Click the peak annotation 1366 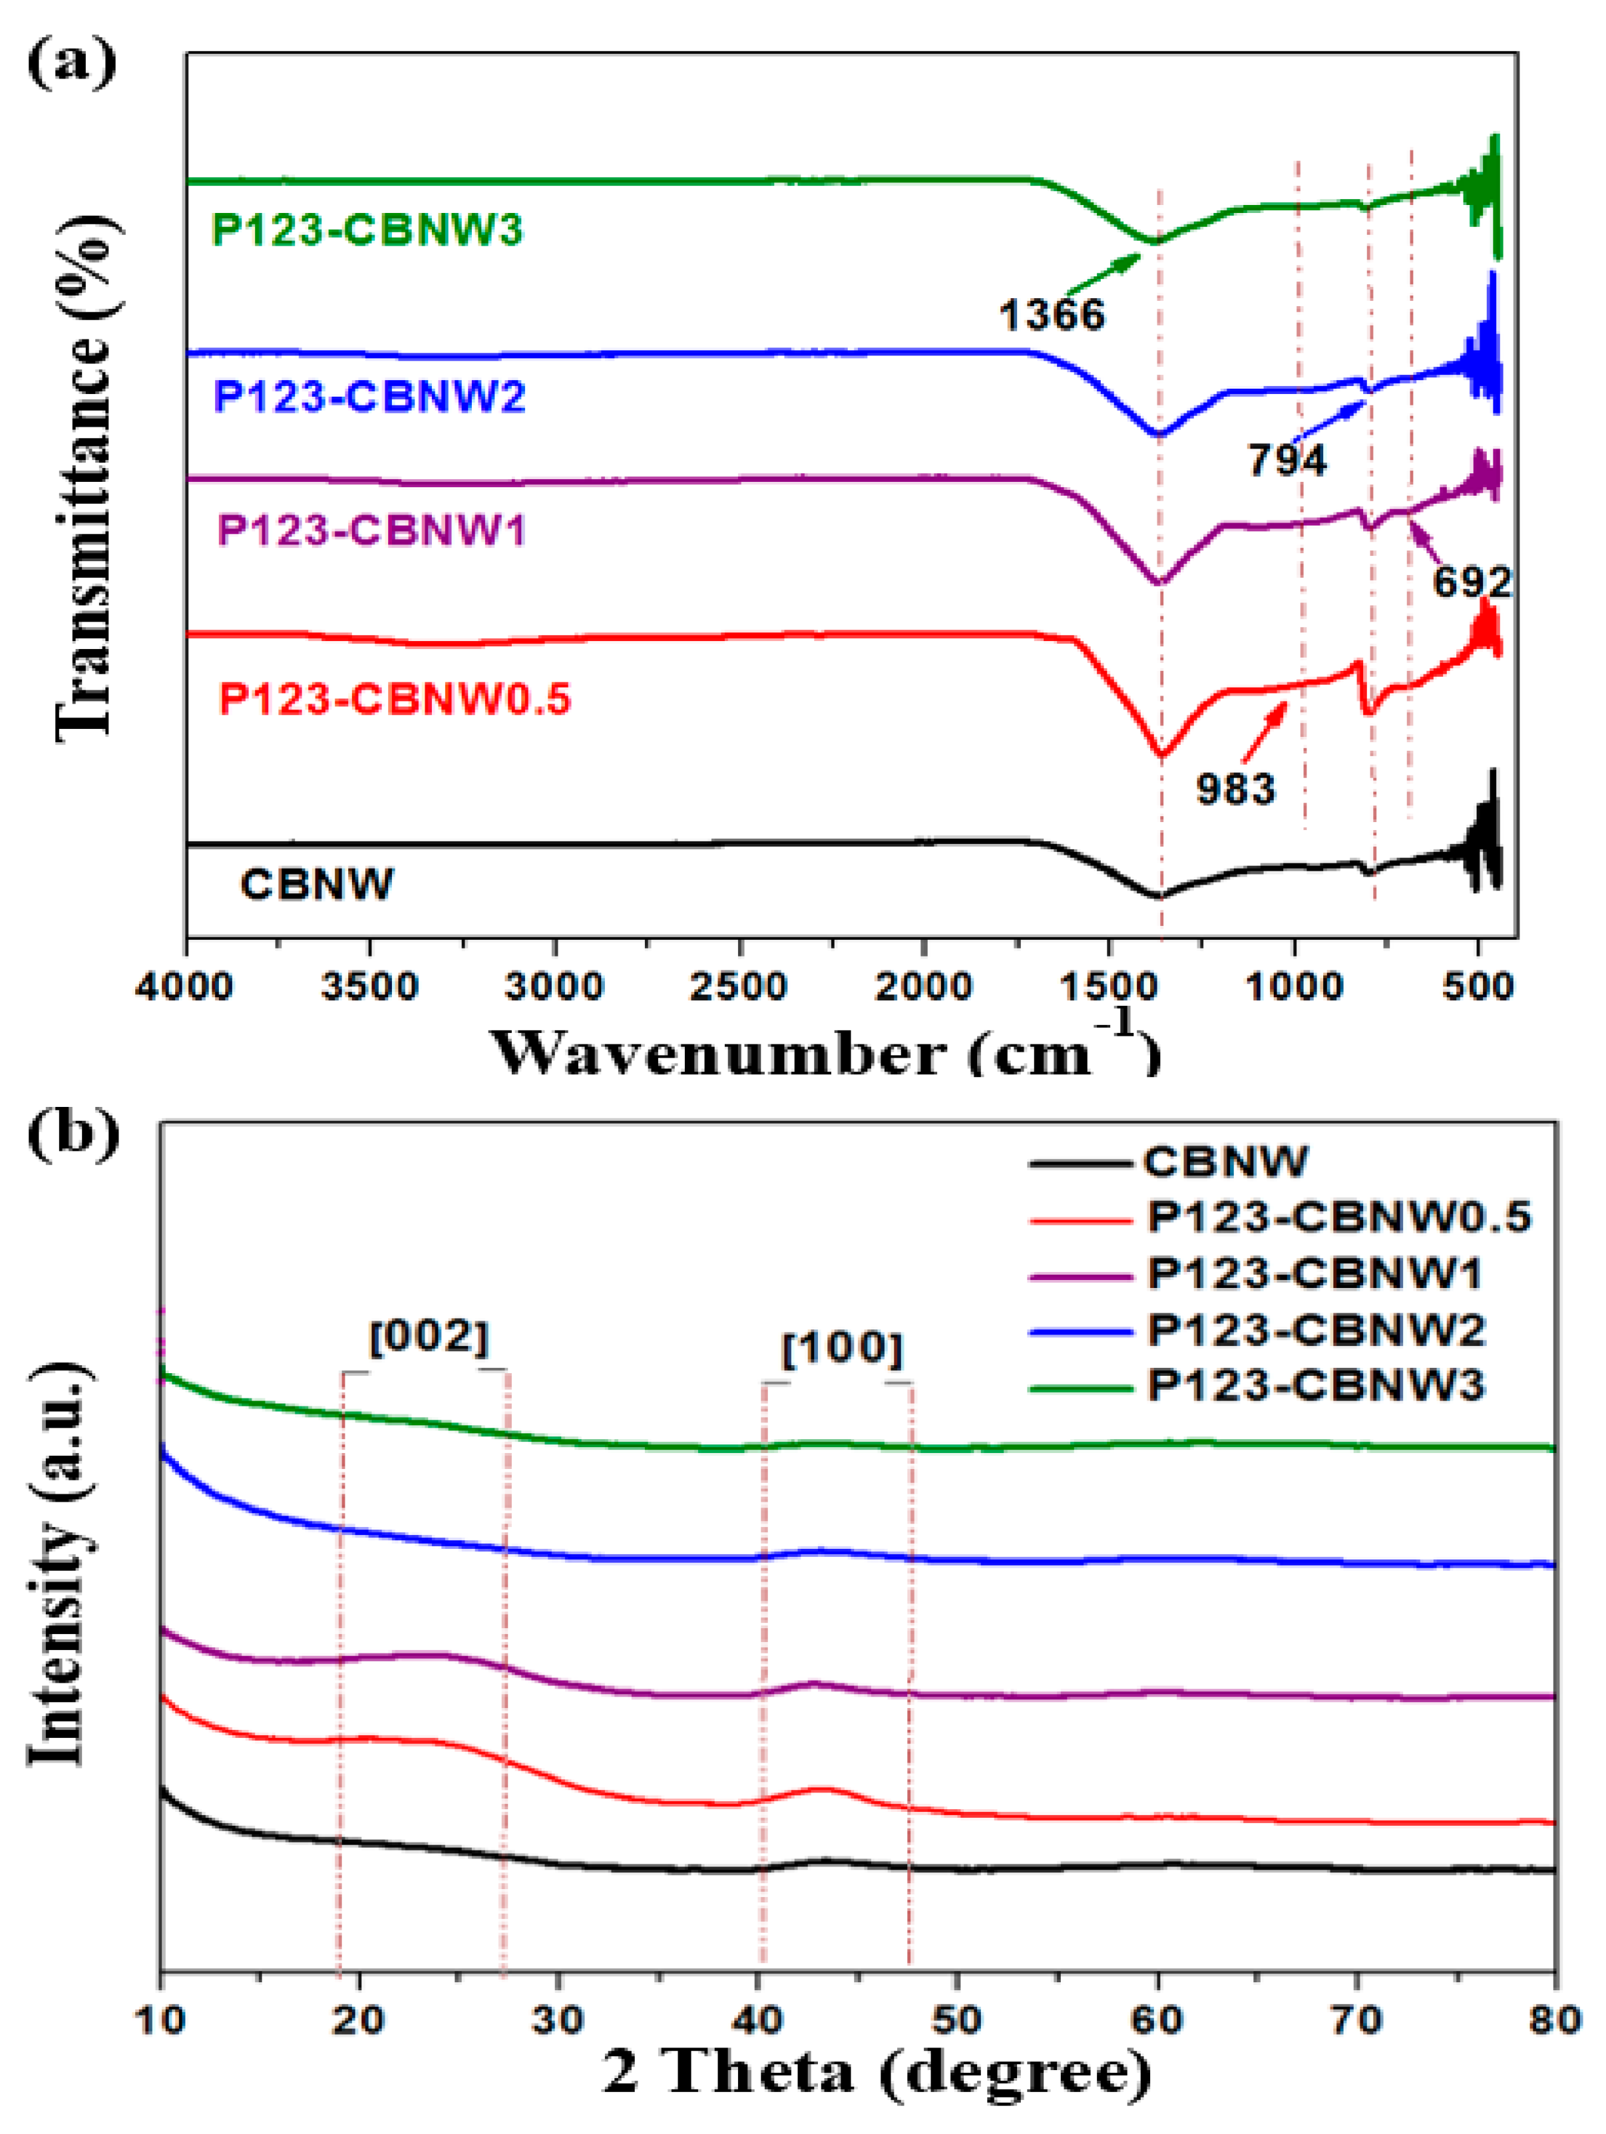[x=1052, y=314]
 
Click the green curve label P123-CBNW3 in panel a [x=367, y=230]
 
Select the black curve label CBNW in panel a [x=316, y=885]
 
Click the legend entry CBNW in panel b [x=1225, y=1162]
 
